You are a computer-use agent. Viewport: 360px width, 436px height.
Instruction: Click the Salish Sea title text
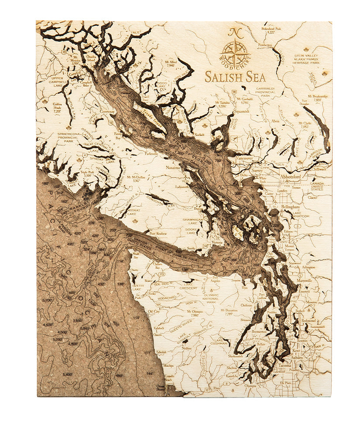point(235,77)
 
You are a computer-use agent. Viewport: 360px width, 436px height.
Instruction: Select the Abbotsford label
point(295,171)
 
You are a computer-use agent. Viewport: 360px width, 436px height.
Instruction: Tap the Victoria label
point(217,242)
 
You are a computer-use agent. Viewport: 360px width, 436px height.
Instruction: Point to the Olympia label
point(250,386)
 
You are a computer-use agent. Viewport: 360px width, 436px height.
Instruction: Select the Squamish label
point(241,111)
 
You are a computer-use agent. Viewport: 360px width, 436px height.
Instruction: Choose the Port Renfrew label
point(158,233)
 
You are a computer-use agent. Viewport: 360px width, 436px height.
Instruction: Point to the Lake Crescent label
point(190,285)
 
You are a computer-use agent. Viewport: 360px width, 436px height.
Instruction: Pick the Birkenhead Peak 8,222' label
point(274,30)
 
